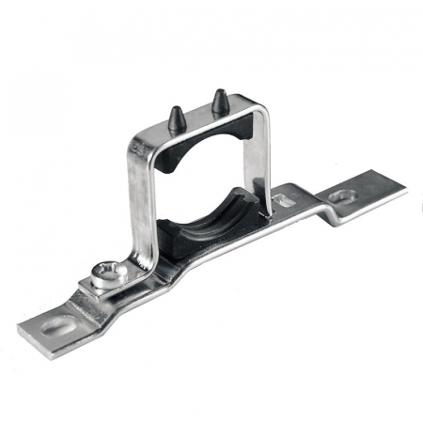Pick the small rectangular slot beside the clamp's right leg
click(x=282, y=199)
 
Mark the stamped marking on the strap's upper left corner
click(x=139, y=146)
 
